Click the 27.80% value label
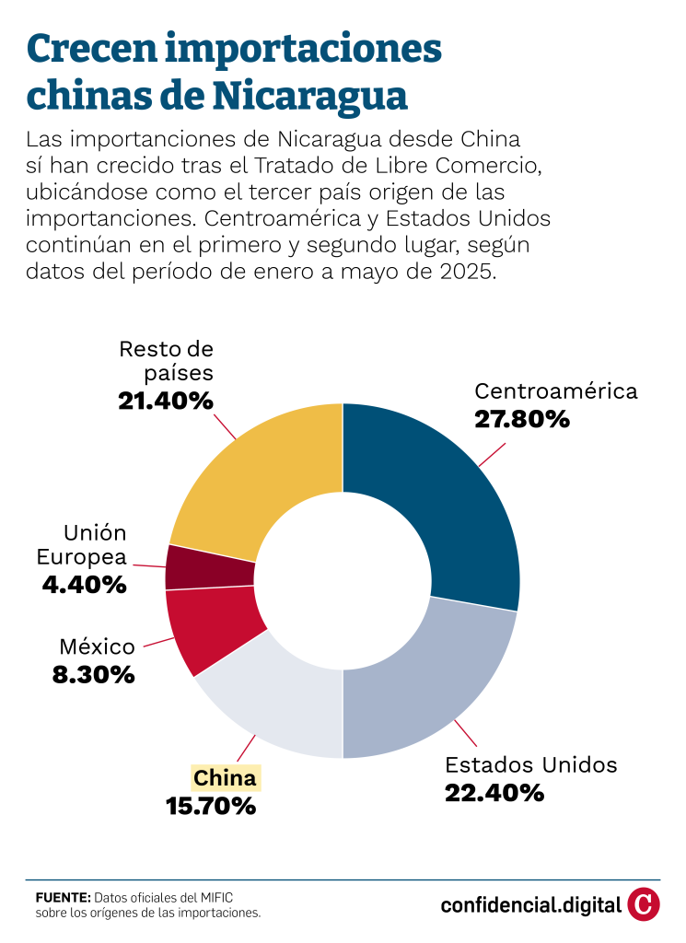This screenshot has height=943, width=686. (x=522, y=420)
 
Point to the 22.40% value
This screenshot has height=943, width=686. (x=494, y=792)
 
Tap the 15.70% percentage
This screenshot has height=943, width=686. (x=211, y=807)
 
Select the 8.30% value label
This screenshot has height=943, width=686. (x=94, y=674)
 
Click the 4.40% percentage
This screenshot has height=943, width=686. (x=84, y=584)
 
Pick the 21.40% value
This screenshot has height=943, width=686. (x=166, y=401)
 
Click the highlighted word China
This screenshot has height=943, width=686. (x=226, y=778)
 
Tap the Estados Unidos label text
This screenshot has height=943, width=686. (x=531, y=764)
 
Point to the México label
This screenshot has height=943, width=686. (x=97, y=646)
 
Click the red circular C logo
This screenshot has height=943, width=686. (x=644, y=903)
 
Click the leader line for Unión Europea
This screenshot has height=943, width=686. (x=147, y=564)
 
